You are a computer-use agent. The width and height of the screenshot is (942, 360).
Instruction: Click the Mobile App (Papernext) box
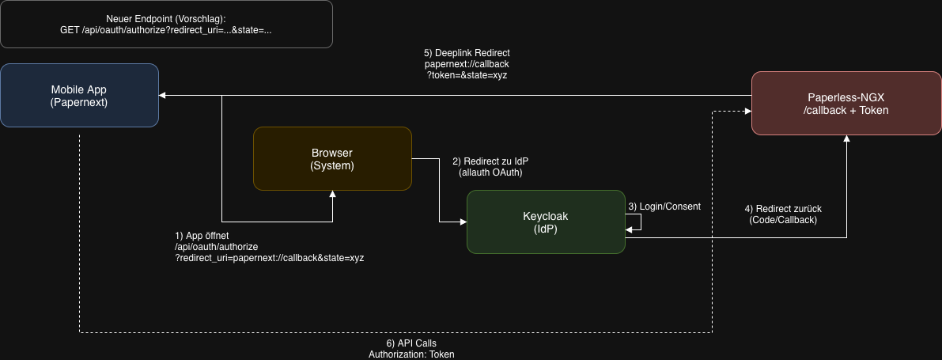point(79,96)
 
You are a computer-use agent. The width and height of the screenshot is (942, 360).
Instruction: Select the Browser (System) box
point(332,158)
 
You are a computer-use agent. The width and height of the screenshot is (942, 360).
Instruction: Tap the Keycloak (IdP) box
point(546,222)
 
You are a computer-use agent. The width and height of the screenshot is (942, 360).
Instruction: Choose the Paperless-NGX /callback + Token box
point(846,103)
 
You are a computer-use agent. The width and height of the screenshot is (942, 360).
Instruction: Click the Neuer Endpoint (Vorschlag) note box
point(166,24)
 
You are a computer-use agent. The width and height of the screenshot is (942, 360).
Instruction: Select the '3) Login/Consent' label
point(664,207)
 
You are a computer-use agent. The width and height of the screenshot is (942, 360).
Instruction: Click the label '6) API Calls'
point(411,343)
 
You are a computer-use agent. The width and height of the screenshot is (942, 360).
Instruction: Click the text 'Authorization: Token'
point(411,354)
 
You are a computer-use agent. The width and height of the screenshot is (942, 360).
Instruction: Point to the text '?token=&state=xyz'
point(467,75)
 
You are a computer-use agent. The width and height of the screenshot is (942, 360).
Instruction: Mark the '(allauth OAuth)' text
point(490,172)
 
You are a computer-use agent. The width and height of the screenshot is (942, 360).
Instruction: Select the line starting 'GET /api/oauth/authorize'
point(166,30)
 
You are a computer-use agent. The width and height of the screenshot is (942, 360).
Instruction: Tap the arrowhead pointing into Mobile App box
point(163,96)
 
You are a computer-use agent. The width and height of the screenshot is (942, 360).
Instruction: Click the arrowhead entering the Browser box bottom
point(333,194)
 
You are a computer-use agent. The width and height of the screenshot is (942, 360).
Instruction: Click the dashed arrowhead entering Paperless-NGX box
point(747,112)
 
